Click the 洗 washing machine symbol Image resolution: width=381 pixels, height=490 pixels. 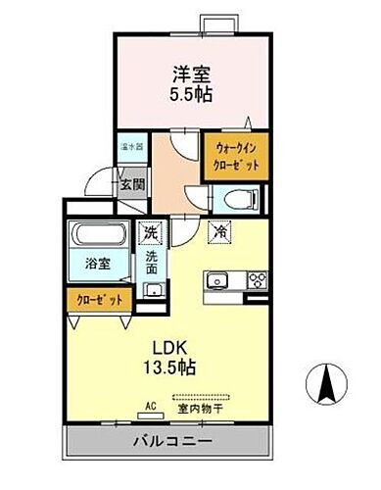click(152, 233)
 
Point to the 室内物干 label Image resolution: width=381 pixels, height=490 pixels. click(208, 409)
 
